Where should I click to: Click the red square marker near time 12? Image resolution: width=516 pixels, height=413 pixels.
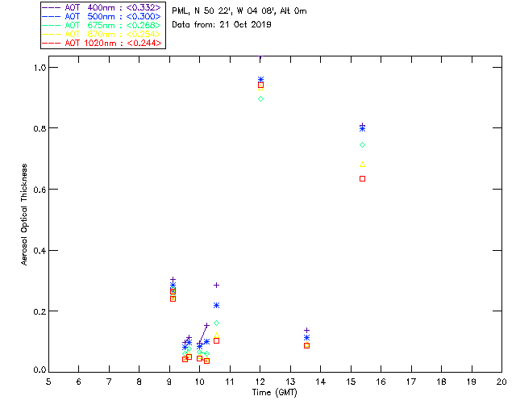point(260,85)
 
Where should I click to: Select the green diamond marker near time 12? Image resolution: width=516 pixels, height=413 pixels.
point(260,98)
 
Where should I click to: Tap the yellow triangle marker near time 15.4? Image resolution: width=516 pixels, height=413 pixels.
point(362,165)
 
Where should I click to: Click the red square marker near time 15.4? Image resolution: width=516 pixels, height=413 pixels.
point(362,178)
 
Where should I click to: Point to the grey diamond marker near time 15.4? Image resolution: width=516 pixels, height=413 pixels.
point(362,144)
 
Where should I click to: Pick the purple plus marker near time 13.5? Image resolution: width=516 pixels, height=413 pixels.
point(306,330)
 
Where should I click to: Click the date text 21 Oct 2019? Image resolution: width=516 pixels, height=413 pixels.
point(242,25)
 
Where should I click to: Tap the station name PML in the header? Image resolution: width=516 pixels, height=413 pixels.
point(180,11)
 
